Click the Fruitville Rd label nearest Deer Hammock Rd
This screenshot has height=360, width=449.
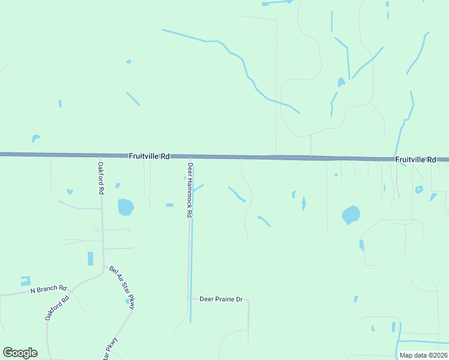coord(149,156)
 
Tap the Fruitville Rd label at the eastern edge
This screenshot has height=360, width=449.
coord(415,160)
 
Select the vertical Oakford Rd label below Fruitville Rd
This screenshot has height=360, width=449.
coord(101,178)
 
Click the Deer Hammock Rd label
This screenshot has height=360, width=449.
coord(190,190)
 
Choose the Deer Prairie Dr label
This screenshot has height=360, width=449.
coord(221,299)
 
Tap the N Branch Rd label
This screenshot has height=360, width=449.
coord(49,290)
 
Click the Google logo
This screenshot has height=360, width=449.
coord(20,353)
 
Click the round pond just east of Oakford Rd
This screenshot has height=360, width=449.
coord(125,207)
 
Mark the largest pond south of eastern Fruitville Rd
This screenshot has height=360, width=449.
coord(351,214)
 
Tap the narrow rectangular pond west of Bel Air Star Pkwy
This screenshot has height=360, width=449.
coord(91,259)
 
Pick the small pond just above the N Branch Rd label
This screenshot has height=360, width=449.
coord(25,280)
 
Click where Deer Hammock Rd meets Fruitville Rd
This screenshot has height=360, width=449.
coord(190,157)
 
